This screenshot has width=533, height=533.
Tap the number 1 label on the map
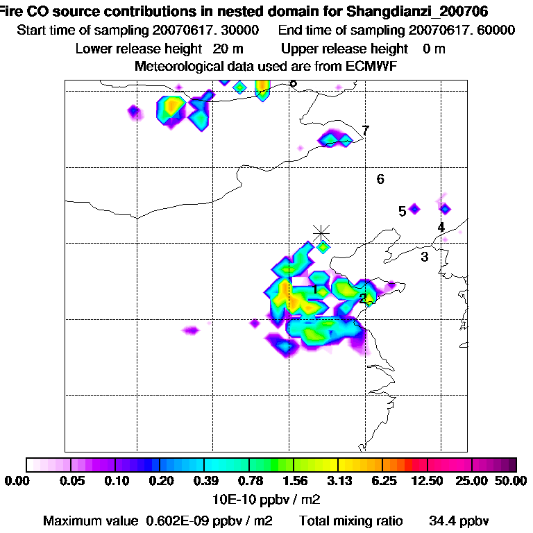point(315,289)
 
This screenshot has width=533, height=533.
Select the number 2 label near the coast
point(363,298)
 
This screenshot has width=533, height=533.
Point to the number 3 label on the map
point(425,257)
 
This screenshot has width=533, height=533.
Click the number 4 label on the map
point(441,227)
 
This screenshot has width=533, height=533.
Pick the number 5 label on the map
point(403,211)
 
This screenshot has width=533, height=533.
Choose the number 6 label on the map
point(380,180)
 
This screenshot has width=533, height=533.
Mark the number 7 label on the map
point(365,130)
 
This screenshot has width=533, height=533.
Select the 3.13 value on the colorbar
point(339,481)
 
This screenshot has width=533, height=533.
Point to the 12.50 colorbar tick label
point(428,481)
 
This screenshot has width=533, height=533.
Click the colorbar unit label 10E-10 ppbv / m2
point(266,499)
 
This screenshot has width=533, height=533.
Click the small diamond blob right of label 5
point(445,208)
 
